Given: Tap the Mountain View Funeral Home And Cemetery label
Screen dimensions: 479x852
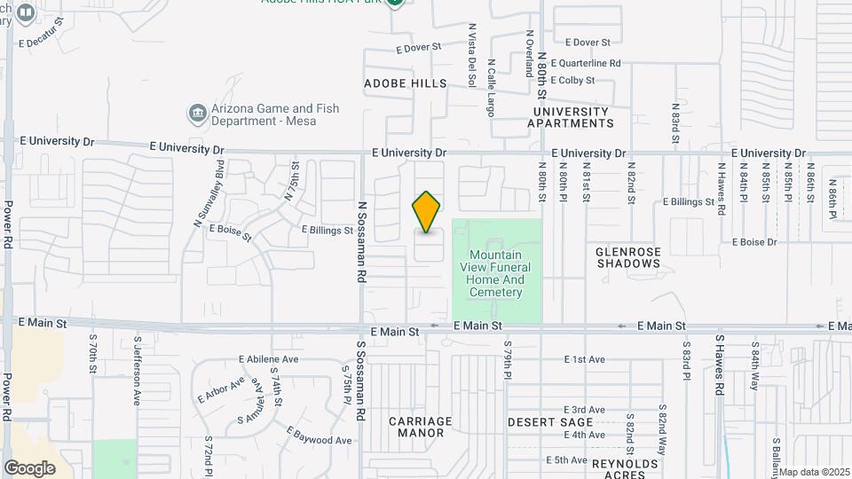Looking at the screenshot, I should tap(496, 267).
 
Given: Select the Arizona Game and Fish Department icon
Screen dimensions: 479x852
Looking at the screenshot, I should tap(197, 114).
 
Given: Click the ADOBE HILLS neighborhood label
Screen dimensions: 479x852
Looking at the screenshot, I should tap(406, 82).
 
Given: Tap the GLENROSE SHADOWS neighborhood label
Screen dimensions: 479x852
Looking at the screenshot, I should tap(628, 257).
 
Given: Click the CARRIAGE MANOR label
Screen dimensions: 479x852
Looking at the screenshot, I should tap(421, 427).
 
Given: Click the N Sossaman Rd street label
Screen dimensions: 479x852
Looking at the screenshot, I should tap(362, 241).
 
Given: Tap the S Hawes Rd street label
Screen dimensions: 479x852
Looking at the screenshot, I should tap(720, 365).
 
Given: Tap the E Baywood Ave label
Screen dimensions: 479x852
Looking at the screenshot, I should tap(319, 436).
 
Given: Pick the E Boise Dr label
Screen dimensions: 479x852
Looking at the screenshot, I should tap(754, 242).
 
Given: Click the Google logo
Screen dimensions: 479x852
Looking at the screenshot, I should tap(29, 467).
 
